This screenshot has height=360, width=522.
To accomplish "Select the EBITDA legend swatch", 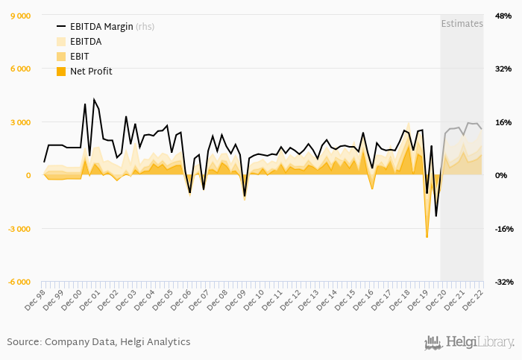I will pyautogui.click(x=61, y=42).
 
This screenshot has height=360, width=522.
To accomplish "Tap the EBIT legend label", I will pyautogui.click(x=81, y=56).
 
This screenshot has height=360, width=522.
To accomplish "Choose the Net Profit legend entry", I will pyautogui.click(x=91, y=71).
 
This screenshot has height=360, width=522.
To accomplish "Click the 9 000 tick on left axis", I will pyautogui.click(x=20, y=16).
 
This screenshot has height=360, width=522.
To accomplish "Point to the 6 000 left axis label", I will pyautogui.click(x=20, y=69).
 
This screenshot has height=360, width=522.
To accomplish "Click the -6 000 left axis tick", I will pyautogui.click(x=19, y=282).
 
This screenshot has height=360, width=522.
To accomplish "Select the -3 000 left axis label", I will pyautogui.click(x=19, y=229).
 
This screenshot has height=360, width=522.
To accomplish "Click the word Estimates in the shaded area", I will pyautogui.click(x=462, y=23).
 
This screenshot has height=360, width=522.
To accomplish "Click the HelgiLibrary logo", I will pyautogui.click(x=470, y=342).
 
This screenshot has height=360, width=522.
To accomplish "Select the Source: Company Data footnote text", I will pyautogui.click(x=98, y=342).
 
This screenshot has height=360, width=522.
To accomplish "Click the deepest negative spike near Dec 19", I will pyautogui.click(x=427, y=236).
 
